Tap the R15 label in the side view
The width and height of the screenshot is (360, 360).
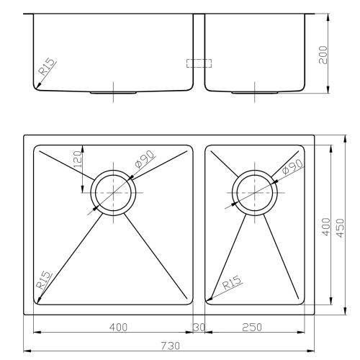coord(47,68)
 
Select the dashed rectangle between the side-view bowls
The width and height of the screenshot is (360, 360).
coord(199,63)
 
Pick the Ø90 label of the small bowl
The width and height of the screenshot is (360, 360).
coord(293,169)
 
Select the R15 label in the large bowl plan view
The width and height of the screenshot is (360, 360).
coord(44,280)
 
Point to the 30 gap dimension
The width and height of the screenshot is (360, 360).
coord(199,328)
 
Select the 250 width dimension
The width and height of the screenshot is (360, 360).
coord(251,328)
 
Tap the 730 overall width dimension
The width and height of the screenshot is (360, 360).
coord(170,346)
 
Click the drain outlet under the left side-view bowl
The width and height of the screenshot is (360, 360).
coord(113,93)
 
